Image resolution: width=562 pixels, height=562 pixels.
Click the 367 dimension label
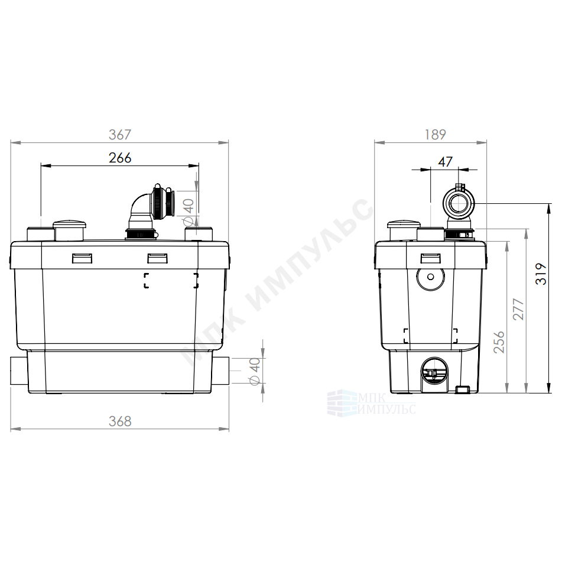click(120, 135)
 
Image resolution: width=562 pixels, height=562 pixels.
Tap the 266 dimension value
click(120, 158)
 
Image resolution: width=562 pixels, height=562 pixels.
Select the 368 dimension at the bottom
click(120, 421)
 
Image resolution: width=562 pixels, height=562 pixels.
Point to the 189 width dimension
click(435, 135)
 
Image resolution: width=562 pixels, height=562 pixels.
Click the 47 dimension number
click(445, 162)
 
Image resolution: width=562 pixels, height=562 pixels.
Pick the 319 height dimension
click(541, 274)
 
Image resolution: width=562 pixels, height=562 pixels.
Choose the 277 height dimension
click(518, 309)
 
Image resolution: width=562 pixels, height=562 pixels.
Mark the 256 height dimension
click(499, 342)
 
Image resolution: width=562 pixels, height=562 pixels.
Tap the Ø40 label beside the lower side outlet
click(255, 371)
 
